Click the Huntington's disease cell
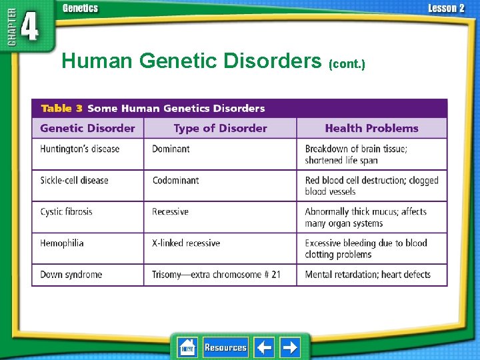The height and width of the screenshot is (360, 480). click(80, 149)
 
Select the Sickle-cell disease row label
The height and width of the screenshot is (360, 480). click(74, 181)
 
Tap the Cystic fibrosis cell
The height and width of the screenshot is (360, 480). click(67, 212)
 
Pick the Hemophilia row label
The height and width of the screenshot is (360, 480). click(62, 243)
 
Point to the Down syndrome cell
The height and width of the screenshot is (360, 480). click(71, 275)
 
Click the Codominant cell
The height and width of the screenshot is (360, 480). click(175, 181)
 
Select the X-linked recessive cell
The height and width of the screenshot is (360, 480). click(186, 243)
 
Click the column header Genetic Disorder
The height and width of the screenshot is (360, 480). click(87, 129)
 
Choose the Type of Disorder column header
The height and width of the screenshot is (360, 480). click(220, 129)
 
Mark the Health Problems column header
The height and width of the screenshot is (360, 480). click(371, 129)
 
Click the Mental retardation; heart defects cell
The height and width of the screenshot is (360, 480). click(367, 275)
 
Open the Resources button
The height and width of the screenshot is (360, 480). click(225, 347)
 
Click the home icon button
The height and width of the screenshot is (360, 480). click(187, 347)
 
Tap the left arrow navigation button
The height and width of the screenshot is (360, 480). click(264, 347)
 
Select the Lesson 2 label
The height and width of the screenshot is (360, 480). click(446, 9)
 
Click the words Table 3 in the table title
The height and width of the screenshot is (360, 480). click(61, 108)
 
